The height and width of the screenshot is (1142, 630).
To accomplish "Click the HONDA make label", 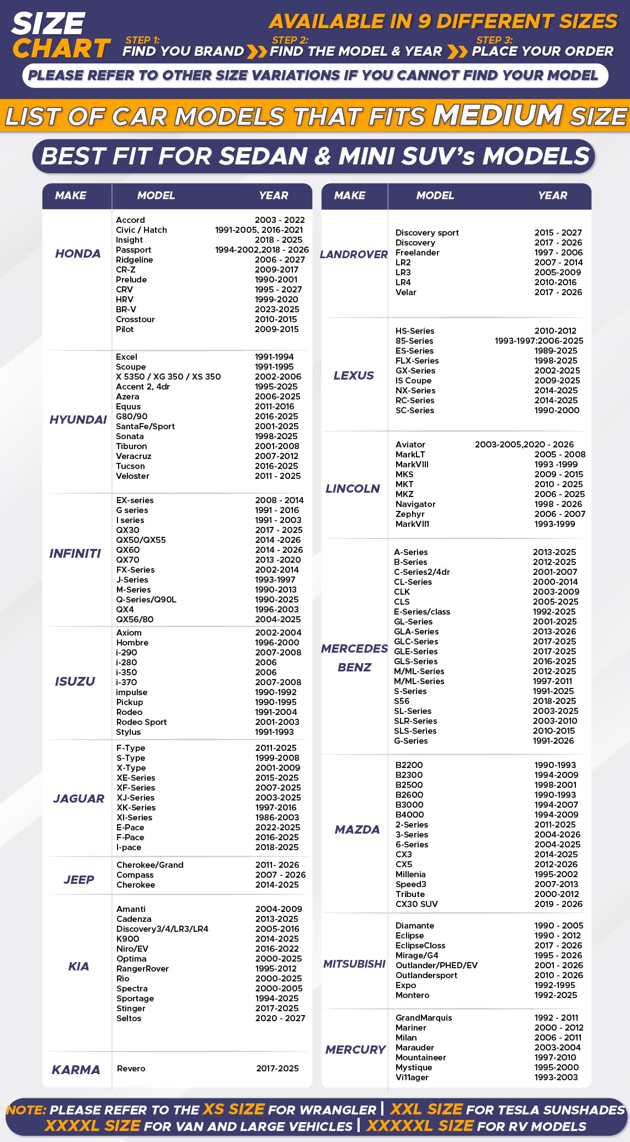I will tap(78, 254).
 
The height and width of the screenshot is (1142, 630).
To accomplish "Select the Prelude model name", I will tap(131, 280).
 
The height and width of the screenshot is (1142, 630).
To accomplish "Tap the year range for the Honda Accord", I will tap(280, 220).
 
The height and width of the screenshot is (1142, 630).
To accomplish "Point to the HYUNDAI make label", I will tap(78, 420).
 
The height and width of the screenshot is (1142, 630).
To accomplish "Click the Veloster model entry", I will tap(132, 476).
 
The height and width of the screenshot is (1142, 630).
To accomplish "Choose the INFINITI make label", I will tap(75, 554).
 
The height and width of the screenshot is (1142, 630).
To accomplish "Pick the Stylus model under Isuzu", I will tap(129, 732).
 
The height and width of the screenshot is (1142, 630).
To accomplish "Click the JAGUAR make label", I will tap(78, 799).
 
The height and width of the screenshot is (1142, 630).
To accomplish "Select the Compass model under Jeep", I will tap(135, 875).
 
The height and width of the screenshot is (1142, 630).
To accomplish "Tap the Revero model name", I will tap(131, 1069).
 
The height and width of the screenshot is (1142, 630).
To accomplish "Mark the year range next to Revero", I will tap(277, 1069).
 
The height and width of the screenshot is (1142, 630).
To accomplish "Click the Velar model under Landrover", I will tap(406, 292).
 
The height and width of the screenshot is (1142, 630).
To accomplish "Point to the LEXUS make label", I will tap(354, 376).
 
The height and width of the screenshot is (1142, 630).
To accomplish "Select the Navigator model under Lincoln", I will tap(415, 504).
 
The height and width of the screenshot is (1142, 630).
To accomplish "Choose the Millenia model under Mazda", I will tap(410, 874).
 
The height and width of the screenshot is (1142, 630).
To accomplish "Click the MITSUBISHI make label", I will tap(354, 964).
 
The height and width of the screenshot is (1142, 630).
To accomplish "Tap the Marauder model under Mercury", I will tap(415, 1048).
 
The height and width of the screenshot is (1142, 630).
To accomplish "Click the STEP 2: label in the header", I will tap(290, 40).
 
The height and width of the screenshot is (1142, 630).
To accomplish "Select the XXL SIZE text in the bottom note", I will tap(426, 1109).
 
